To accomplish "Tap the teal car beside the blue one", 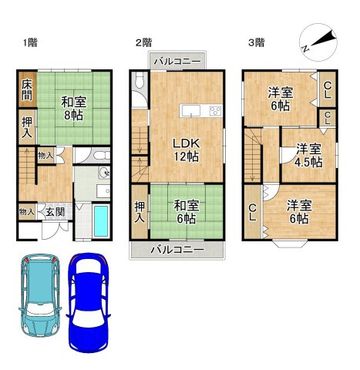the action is click(40, 295).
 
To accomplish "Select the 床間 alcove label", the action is click(27, 90).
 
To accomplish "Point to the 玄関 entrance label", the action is click(56, 212).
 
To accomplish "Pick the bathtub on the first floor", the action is click(101, 222).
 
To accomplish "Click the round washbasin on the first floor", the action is click(104, 173).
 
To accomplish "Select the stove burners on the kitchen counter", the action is click(215, 111).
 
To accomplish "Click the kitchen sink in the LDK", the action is click(191, 111).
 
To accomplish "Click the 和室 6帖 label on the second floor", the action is click(186, 212).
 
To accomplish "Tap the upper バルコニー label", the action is click(178, 62).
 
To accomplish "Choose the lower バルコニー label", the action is click(177, 249).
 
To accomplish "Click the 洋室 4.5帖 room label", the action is click(308, 156).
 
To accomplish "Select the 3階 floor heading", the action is click(256, 42).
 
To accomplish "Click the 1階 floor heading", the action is click(30, 42).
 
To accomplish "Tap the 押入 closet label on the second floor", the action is click(140, 212).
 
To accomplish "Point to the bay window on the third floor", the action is click(289, 244).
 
